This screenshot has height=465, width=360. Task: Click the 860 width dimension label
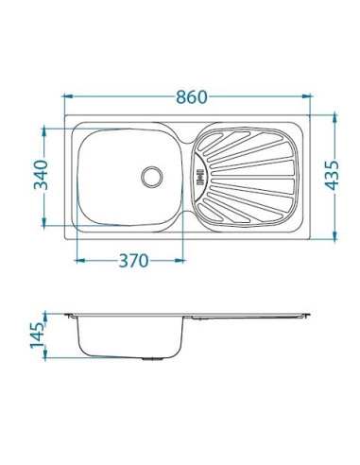tap(192, 97)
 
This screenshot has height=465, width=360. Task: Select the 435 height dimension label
tap(332, 176)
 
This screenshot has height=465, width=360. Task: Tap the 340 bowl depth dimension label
tap(41, 175)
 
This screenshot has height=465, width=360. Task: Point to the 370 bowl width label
tap(133, 261)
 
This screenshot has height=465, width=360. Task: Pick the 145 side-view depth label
tap(37, 336)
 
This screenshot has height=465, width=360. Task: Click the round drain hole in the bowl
tap(152, 177)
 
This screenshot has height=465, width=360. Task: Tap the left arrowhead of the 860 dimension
tap(69, 96)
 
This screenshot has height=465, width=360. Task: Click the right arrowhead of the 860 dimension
tap(306, 96)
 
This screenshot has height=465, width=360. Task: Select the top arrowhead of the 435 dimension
tap(334, 119)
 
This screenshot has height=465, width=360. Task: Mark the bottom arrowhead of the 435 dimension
tap(334, 235)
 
